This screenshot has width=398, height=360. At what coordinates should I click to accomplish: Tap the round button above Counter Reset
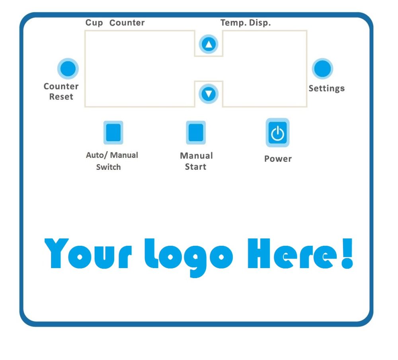click(x=68, y=69)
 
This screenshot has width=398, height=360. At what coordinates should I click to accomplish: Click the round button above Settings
click(x=322, y=69)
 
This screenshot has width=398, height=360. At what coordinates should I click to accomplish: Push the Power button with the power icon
click(x=277, y=133)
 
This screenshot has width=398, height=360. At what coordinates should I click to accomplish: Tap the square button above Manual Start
click(x=195, y=132)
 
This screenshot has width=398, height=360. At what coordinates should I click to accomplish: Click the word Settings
click(x=326, y=88)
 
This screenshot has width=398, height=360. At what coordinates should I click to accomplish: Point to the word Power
click(x=278, y=159)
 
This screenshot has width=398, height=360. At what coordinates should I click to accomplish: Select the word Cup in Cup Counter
click(x=94, y=23)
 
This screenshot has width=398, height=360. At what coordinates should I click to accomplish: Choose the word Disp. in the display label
click(x=260, y=23)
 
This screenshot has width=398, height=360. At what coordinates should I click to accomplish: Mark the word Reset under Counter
click(x=61, y=97)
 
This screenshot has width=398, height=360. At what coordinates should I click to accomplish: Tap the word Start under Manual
click(x=195, y=167)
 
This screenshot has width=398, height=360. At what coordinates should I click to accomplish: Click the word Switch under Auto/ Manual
click(x=108, y=167)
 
